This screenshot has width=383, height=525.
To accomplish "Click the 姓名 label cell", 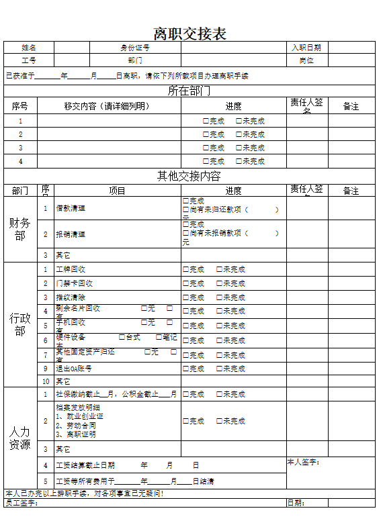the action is (x=29, y=48).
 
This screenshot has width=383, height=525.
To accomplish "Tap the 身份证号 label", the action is (x=135, y=48).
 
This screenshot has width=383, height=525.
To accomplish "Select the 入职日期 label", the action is (x=306, y=48).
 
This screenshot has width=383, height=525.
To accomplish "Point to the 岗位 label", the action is (x=306, y=60).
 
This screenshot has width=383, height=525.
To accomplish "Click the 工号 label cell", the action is (x=29, y=60).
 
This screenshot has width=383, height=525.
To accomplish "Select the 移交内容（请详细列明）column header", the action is (x=107, y=106).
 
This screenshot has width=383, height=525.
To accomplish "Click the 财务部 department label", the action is (x=19, y=229).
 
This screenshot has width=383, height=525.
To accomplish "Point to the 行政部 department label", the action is (x=19, y=324).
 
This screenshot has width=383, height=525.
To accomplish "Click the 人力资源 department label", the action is (x=19, y=438).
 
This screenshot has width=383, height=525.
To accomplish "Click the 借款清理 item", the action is (x=71, y=208).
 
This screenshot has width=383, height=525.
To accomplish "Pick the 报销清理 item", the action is (x=71, y=234).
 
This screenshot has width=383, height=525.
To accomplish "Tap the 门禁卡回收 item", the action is (x=74, y=283).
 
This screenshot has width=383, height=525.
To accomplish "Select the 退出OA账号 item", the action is (x=74, y=369).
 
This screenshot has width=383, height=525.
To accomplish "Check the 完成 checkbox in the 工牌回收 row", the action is (x=186, y=270).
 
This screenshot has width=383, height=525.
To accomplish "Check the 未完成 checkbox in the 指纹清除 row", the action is (x=220, y=297).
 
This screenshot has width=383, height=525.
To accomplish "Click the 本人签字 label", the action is (x=303, y=462).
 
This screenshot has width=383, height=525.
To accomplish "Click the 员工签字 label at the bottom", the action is (x=20, y=503).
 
